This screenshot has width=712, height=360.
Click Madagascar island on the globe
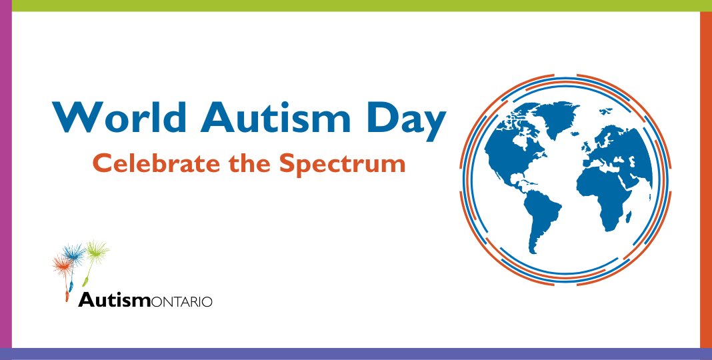click(629, 215)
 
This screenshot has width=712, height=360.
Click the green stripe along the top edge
click(356, 5)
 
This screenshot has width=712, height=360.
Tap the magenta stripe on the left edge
click(5, 180)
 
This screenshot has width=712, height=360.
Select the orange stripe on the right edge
click(706, 180)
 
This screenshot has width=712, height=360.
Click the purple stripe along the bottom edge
click(356, 354)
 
